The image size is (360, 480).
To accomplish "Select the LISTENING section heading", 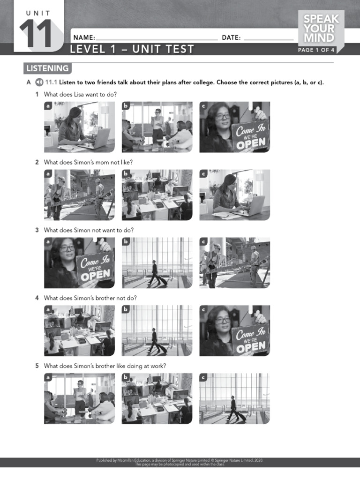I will point(47,68).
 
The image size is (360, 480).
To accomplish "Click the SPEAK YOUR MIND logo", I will point(321,28).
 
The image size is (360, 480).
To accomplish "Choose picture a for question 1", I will point(79,127).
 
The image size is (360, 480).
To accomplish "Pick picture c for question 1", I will point(234,127).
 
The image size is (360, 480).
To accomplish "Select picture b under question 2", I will point(157,195).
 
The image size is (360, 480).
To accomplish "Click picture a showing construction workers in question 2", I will point(79,195).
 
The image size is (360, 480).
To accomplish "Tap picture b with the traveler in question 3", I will point(157,262).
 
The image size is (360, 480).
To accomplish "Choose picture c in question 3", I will point(234,262).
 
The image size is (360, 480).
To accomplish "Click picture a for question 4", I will point(79,330).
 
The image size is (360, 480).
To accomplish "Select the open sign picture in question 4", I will point(234,330).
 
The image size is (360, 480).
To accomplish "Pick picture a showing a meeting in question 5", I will point(79,398).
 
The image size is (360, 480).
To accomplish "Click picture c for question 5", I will point(234,398).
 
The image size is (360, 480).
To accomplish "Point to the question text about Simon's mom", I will point(88,162).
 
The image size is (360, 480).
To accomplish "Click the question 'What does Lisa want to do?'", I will point(80,94).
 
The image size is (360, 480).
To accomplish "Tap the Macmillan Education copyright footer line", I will point(180,460).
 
